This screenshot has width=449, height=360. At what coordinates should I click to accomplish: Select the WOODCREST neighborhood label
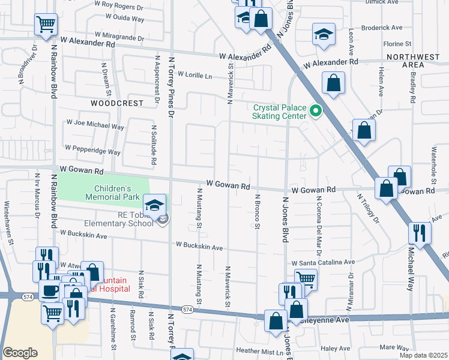point(117,103)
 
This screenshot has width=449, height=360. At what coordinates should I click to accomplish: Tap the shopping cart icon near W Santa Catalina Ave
point(306,278)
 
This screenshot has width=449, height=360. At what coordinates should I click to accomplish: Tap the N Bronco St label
point(257,211)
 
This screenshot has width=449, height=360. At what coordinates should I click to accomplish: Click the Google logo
point(20,352)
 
